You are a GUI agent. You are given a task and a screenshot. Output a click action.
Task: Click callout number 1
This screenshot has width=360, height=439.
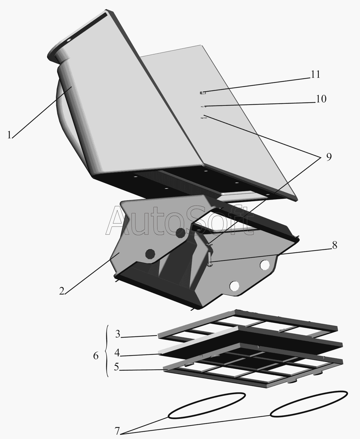(9, 135)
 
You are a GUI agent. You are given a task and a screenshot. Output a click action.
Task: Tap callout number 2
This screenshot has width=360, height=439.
(61, 291)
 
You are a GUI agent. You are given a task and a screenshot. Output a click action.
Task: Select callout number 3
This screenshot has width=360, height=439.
(118, 334)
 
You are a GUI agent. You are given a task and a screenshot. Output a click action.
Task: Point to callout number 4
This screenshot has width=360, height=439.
(117, 353)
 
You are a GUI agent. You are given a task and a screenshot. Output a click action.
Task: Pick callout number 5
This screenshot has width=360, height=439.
(116, 367)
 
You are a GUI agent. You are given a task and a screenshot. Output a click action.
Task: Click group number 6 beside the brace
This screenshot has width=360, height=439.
(96, 356)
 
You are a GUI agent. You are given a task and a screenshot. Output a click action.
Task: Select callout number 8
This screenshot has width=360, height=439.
(335, 245)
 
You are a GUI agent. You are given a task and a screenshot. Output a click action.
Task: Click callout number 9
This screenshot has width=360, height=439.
(329, 157)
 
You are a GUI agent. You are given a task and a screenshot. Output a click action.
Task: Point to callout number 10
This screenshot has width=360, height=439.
(321, 99)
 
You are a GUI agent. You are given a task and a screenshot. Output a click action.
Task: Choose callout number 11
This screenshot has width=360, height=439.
(316, 74)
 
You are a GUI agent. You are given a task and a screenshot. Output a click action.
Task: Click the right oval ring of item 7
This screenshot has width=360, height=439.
(309, 404)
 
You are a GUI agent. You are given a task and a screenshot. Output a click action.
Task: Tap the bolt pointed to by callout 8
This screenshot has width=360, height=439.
(210, 255)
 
